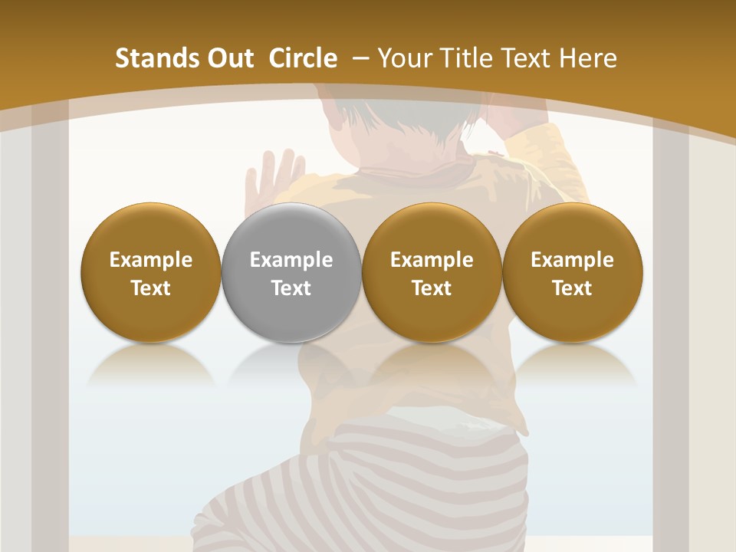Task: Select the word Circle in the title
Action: tap(303, 58)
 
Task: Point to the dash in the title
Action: tap(359, 59)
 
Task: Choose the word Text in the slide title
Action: tap(523, 58)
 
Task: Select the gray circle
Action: tap(291, 272)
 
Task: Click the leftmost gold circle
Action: tap(150, 272)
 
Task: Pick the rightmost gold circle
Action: tap(572, 272)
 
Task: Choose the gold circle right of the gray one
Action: tap(432, 272)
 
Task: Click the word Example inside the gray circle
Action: tap(291, 260)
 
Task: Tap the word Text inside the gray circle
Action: tap(291, 288)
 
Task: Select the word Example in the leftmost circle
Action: tap(151, 260)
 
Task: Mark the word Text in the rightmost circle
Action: tap(572, 288)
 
